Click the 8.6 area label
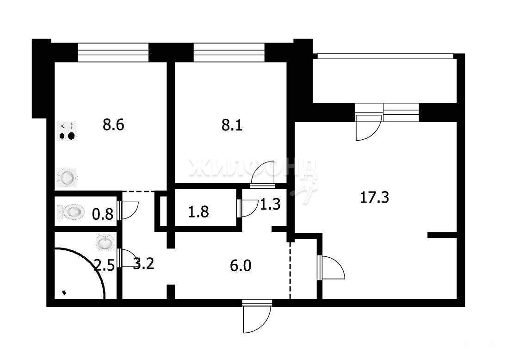114,124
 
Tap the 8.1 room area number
232,125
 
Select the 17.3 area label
374,197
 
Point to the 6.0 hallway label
241,266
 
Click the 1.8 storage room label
198,212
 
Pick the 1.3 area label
270,205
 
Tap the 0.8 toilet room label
103,214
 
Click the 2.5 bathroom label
104,266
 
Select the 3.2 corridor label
144,264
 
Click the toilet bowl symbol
71,212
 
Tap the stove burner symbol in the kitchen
67,130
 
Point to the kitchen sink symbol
67,177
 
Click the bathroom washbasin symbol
105,243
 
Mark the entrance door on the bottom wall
257,316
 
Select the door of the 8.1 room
263,174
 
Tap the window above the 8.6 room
113,52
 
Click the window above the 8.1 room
229,52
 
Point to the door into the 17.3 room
331,267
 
